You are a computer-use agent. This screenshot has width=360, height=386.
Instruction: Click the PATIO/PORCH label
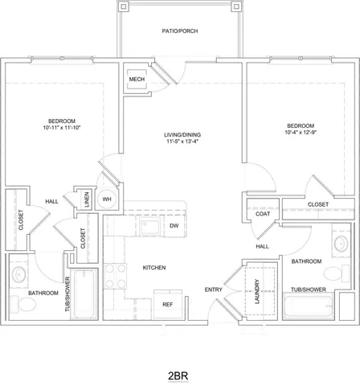[x=179, y=31]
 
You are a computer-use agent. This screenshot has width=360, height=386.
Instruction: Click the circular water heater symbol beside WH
[x=106, y=199]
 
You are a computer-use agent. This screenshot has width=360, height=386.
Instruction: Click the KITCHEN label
[x=154, y=266]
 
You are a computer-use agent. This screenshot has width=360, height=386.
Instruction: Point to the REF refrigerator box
[x=169, y=305]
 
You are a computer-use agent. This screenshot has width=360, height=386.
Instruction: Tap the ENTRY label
[x=213, y=289]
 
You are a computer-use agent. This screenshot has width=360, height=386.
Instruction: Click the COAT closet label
[x=262, y=213]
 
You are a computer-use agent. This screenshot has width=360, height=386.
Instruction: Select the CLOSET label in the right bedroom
[x=318, y=204]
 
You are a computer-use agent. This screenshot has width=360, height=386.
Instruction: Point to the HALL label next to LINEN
[x=51, y=201]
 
